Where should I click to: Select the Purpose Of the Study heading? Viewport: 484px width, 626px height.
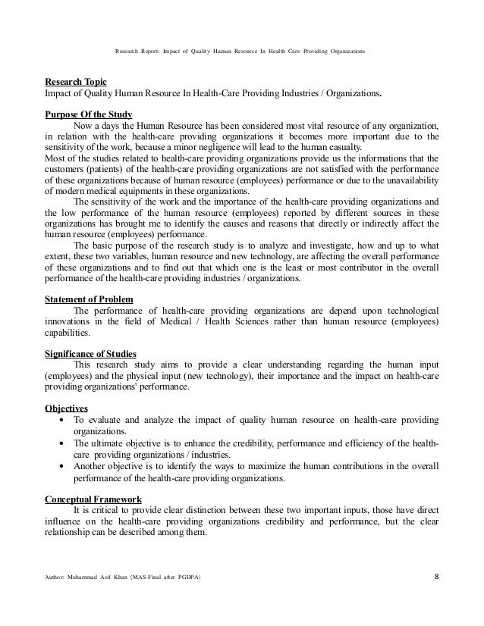pyautogui.click(x=88, y=113)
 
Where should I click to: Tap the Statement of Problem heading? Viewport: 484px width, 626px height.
pyautogui.click(x=90, y=299)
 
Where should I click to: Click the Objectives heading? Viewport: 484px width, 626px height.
pyautogui.click(x=66, y=405)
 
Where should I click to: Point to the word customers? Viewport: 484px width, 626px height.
pyautogui.click(x=66, y=170)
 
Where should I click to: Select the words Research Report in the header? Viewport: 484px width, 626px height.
pyautogui.click(x=136, y=51)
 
